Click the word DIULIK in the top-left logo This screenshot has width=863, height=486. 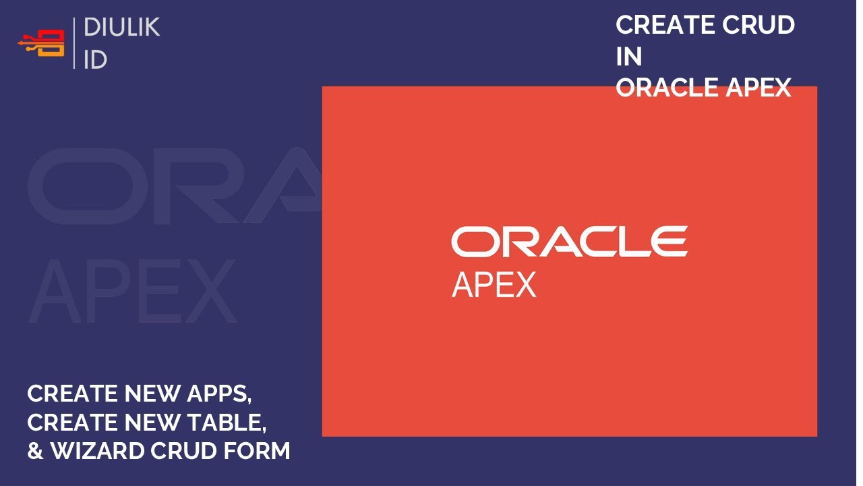(121, 28)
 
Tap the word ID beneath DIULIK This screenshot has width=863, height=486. (95, 59)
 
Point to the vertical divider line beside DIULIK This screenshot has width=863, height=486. (74, 43)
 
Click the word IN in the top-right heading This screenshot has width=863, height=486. (628, 57)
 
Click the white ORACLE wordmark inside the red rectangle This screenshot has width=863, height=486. (569, 242)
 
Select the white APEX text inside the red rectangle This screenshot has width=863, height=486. (494, 284)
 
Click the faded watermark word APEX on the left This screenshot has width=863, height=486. (132, 290)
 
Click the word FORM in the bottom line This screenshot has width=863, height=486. (260, 451)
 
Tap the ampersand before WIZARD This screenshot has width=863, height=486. (35, 451)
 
